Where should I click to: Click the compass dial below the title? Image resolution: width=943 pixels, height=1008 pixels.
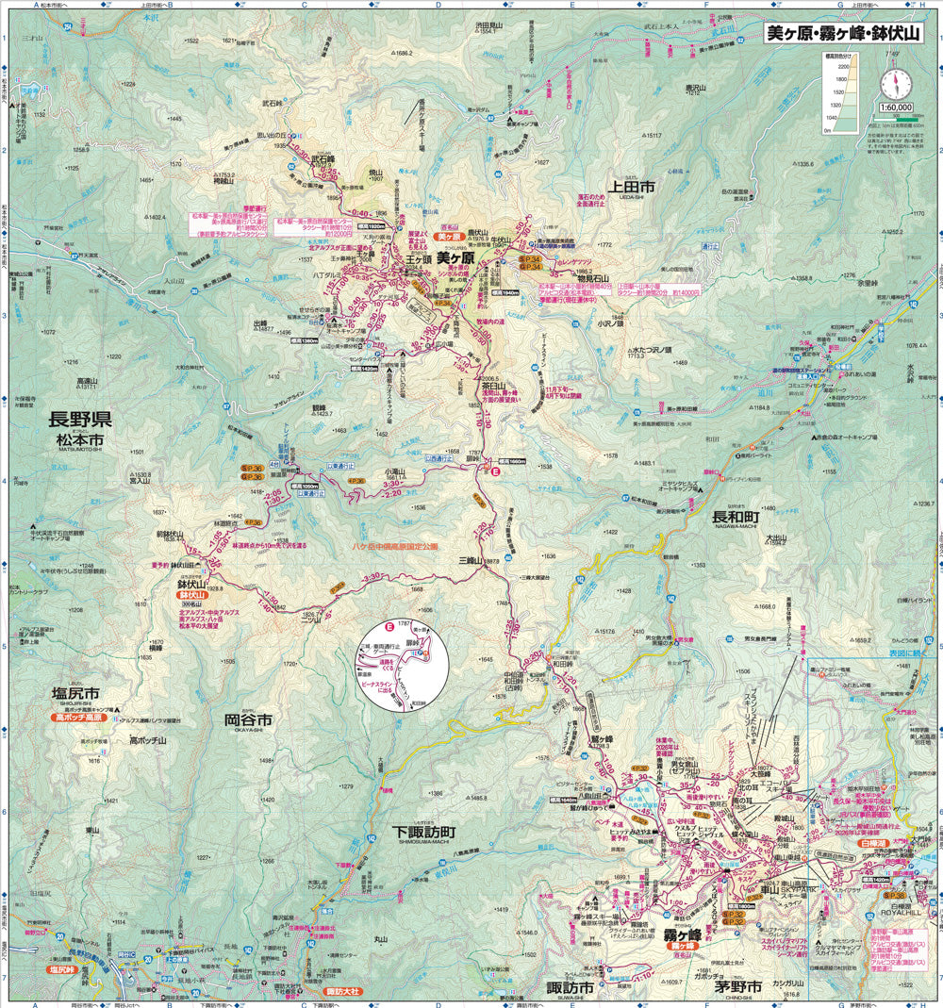pyautogui.click(x=895, y=83)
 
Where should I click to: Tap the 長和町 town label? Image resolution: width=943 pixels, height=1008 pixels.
pyautogui.click(x=735, y=517)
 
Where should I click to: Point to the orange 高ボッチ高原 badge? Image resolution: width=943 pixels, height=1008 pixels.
pyautogui.click(x=78, y=718)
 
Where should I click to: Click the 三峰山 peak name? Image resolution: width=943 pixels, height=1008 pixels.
pyautogui.click(x=470, y=561)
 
